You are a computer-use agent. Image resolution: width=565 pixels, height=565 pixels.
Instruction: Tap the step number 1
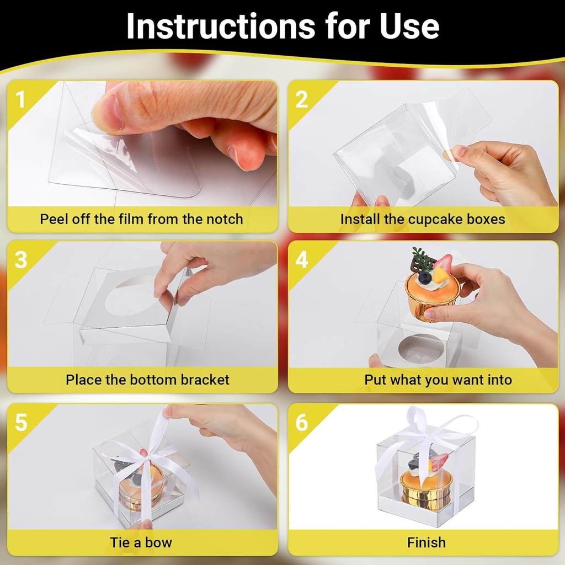coord(20,100)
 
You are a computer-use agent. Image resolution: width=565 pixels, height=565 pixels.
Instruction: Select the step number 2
coord(301,100)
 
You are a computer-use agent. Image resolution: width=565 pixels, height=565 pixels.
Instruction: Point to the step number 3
coord(20,260)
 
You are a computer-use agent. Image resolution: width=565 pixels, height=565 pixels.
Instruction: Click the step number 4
coord(301,260)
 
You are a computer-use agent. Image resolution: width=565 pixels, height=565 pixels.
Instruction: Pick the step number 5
coord(20,423)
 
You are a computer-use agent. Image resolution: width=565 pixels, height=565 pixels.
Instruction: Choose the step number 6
coord(301,423)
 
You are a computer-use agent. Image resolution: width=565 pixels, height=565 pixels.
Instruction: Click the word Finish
coord(426,542)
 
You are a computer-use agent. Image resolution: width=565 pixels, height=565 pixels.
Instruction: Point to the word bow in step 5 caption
coord(159,542)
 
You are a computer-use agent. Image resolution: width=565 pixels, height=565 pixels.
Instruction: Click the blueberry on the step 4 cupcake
coord(424,278)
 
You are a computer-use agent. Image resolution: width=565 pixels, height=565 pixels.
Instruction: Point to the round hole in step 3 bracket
coord(130,299)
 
